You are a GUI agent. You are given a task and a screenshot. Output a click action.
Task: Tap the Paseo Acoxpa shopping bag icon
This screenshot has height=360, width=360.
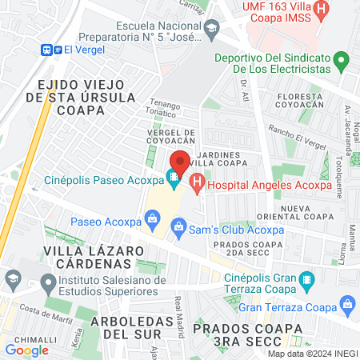click(152, 218)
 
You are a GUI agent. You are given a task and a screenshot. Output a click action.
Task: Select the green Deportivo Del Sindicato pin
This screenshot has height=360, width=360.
click(341, 61)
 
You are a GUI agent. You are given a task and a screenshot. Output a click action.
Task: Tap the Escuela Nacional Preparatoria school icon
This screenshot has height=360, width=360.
click(211, 32)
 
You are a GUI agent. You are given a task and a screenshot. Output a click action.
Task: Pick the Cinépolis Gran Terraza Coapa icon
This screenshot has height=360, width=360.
click(306, 281)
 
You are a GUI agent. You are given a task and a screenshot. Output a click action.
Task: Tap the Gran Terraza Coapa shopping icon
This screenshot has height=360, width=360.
click(347, 305)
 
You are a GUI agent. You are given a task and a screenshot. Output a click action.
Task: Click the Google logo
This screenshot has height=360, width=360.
click(27, 350)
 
